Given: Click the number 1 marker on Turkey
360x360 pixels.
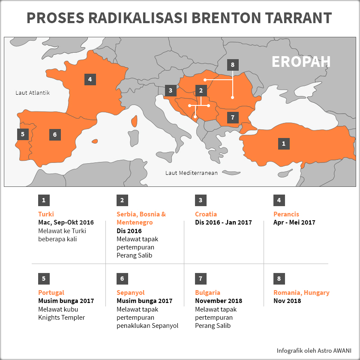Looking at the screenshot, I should [283, 144].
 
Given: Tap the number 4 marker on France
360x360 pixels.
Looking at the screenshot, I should [90, 79].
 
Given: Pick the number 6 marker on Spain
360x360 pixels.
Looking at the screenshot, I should [55, 135].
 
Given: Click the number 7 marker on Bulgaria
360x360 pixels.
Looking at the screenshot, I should [233, 117].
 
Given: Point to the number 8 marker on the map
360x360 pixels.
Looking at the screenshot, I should [233, 65].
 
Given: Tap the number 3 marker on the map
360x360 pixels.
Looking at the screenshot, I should [171, 90].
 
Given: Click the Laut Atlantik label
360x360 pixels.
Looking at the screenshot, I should [33, 93].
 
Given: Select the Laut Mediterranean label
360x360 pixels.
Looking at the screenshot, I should [192, 173].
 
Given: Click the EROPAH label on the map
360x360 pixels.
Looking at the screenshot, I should [301, 62].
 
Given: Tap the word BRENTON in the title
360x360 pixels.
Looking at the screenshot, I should [222, 18].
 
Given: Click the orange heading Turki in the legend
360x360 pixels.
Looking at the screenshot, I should [46, 214].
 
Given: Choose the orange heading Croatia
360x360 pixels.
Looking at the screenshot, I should [206, 214].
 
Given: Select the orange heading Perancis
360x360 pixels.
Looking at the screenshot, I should [286, 214].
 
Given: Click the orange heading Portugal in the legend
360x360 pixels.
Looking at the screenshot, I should [51, 293].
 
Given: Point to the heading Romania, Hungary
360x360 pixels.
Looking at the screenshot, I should [301, 293].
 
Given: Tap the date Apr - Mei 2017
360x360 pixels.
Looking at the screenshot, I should [294, 222].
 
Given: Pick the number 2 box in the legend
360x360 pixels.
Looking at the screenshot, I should [122, 200].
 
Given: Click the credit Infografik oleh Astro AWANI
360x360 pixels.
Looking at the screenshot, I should [314, 349].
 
